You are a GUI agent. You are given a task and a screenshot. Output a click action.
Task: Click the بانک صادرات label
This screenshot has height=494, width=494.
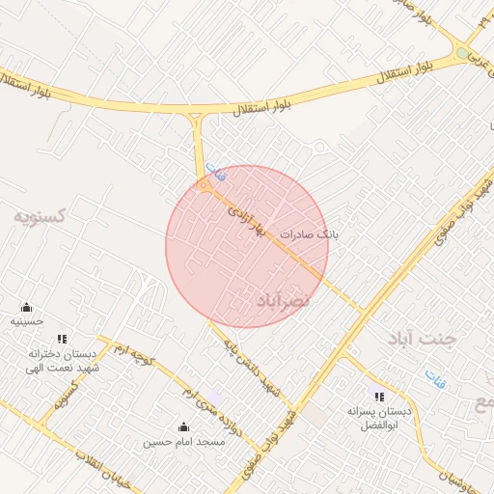[310, 233]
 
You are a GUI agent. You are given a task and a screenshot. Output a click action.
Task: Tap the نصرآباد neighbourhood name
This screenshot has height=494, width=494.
[283, 302]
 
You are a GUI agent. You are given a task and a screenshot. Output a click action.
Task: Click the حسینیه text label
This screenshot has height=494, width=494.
[27, 320]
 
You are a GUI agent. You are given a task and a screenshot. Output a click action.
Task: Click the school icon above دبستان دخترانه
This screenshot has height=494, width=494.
[63, 339]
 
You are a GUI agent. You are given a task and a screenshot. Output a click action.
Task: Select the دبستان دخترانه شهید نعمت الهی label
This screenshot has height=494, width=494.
[64, 360]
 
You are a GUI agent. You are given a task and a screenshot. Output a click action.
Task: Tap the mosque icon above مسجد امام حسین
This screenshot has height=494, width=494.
[184, 426]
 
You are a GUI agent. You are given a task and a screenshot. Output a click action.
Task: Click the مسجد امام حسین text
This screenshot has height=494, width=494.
[183, 442]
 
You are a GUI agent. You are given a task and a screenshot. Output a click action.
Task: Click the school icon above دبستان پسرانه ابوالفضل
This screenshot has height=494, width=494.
[379, 397]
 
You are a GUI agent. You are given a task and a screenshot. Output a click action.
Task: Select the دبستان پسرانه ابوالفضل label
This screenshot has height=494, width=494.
[379, 418]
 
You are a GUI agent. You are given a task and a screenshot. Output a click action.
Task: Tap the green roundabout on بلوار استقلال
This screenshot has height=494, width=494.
[462, 53]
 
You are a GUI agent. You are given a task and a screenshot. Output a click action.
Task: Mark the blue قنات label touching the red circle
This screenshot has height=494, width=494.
[215, 174]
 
